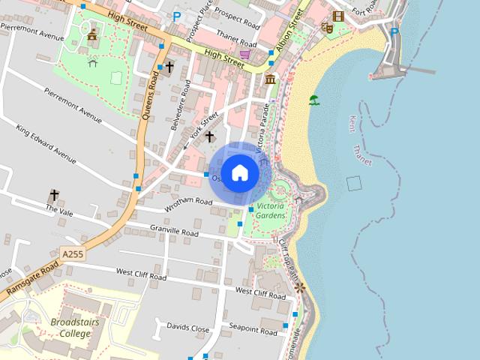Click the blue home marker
(239, 173)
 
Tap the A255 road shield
(73, 254)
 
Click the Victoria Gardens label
(271, 211)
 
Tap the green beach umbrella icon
(313, 100)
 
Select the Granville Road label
(174, 232)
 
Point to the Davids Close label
(187, 328)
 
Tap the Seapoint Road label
(253, 328)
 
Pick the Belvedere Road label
(182, 113)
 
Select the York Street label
(205, 124)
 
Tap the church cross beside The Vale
(54, 195)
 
